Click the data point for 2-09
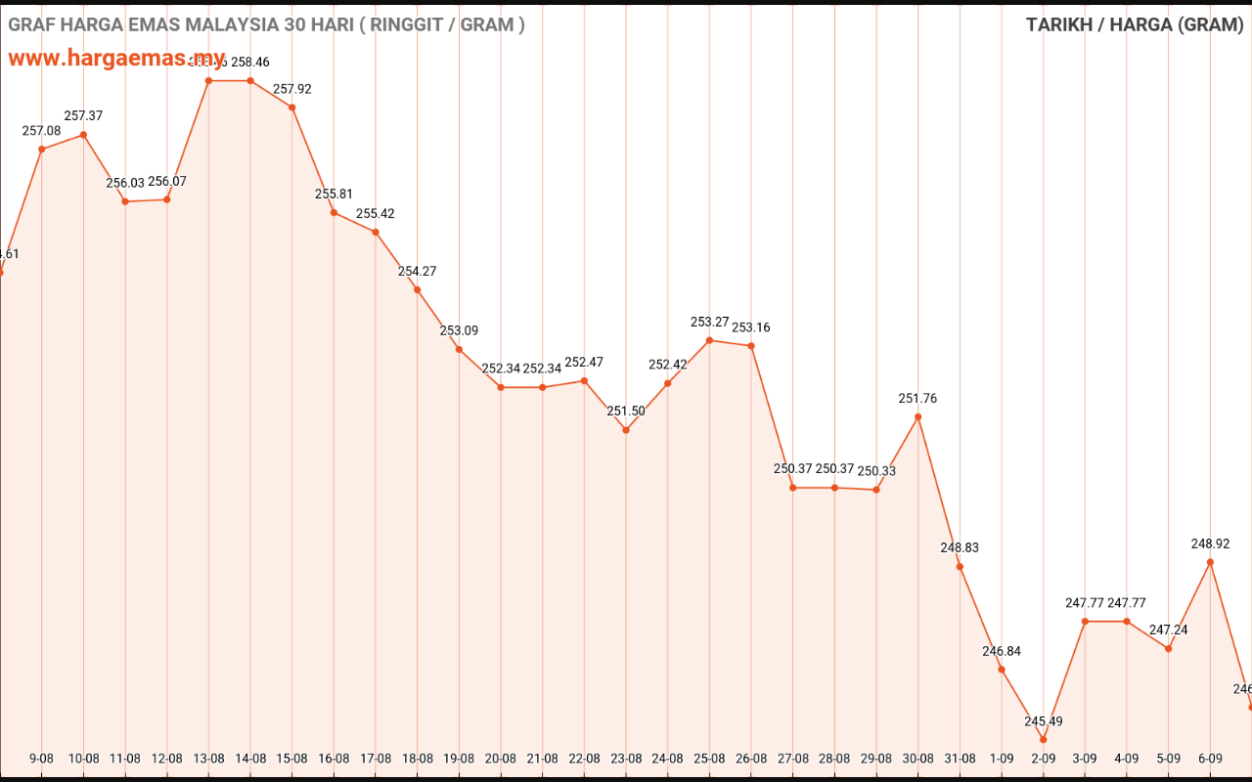(x=1044, y=739)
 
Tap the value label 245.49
(x=1044, y=721)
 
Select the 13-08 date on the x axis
(x=208, y=759)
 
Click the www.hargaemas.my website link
(x=116, y=58)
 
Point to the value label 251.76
(x=917, y=398)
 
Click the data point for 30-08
(x=918, y=416)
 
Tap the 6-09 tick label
(x=1210, y=759)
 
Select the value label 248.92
(x=1210, y=543)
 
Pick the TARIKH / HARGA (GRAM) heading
(x=1134, y=24)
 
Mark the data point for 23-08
(x=626, y=430)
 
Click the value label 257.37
(x=83, y=115)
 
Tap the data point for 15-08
(x=292, y=108)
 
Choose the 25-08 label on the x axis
(x=709, y=759)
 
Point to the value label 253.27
(x=709, y=322)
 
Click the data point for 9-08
(x=42, y=150)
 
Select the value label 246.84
(x=1002, y=651)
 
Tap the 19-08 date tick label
(x=459, y=759)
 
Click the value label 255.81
(x=334, y=194)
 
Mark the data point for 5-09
(x=1169, y=649)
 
